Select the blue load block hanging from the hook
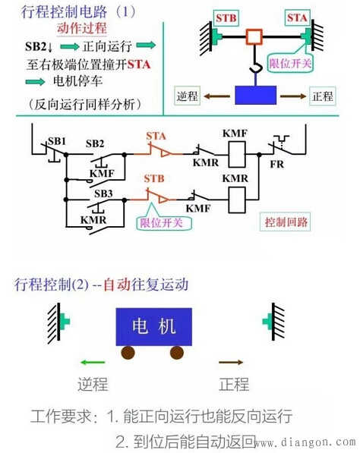point(256,96)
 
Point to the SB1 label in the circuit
point(56,141)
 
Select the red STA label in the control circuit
point(156,136)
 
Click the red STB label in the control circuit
point(155,180)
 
